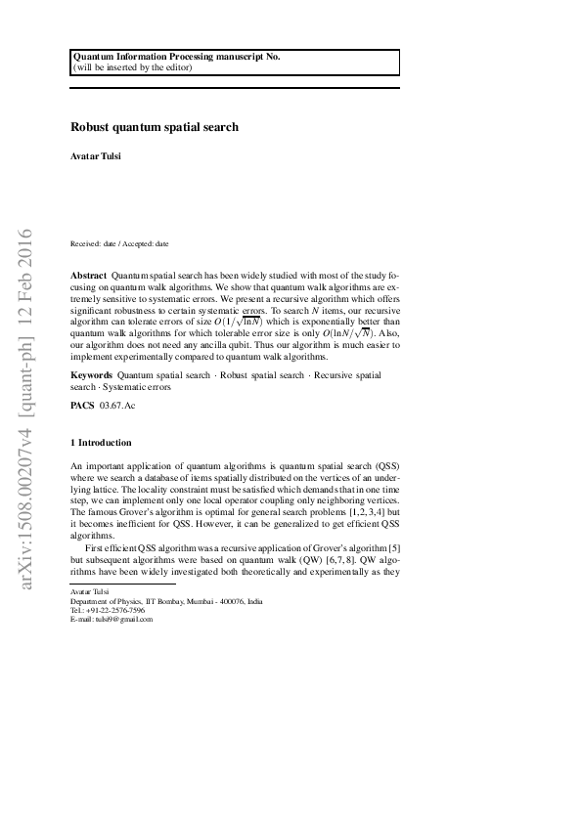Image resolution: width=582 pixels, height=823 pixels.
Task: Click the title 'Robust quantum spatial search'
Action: [155, 127]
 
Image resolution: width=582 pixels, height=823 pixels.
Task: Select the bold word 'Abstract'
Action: [89, 278]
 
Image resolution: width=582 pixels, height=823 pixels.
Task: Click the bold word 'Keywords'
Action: [91, 375]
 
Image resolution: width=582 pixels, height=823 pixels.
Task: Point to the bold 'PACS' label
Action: [82, 404]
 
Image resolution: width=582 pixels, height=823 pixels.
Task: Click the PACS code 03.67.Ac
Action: [117, 404]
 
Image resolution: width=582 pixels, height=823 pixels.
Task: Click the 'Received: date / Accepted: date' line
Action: [119, 242]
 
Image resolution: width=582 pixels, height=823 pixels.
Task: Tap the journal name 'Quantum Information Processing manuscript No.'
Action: [177, 57]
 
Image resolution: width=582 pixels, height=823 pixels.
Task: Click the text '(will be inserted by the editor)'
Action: [133, 67]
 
